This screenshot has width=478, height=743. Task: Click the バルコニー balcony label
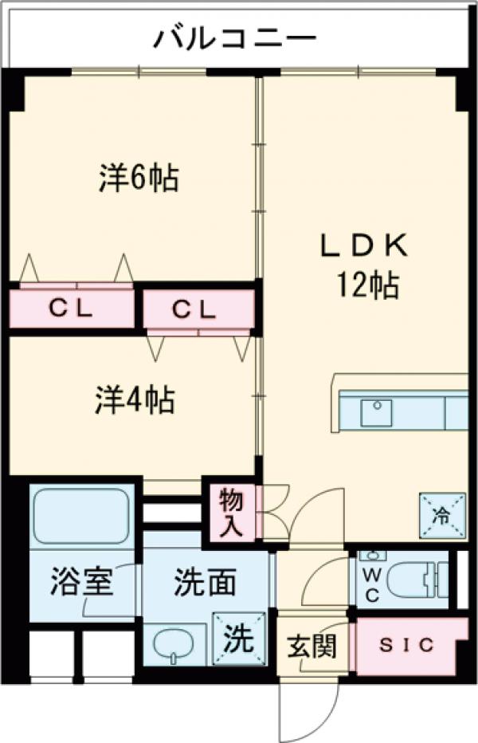click(x=235, y=37)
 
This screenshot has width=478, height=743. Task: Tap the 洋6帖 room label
click(x=138, y=178)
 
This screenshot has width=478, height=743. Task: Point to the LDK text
click(x=364, y=246)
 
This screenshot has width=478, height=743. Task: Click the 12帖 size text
click(x=366, y=285)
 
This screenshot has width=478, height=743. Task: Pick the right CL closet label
click(x=195, y=309)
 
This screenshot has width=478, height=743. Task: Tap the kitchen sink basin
click(x=376, y=412)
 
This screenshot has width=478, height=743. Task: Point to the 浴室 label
click(x=69, y=583)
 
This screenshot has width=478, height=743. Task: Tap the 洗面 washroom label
click(x=205, y=583)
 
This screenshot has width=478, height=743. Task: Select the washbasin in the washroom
click(x=174, y=643)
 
